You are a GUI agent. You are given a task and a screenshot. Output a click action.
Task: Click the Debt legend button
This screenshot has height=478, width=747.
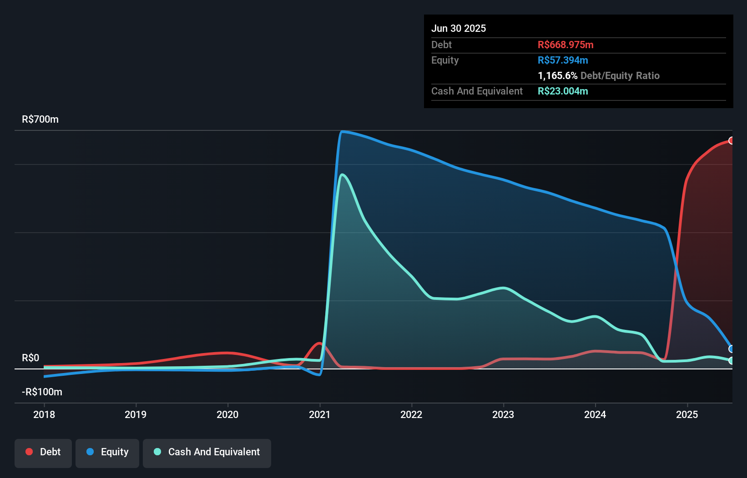pyautogui.click(x=43, y=452)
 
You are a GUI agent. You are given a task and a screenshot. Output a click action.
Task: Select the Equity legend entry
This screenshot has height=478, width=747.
pyautogui.click(x=107, y=452)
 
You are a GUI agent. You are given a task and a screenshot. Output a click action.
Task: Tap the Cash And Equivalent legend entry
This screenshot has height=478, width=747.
pyautogui.click(x=207, y=452)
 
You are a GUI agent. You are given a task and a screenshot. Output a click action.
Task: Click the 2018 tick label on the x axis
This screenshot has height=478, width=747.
pyautogui.click(x=44, y=414)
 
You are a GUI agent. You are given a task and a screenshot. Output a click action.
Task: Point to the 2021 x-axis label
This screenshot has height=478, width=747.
pyautogui.click(x=319, y=414)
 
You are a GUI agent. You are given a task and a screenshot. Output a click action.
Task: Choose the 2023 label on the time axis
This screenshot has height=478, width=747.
pyautogui.click(x=503, y=414)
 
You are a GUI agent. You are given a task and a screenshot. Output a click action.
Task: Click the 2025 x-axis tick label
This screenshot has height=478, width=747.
pyautogui.click(x=687, y=414)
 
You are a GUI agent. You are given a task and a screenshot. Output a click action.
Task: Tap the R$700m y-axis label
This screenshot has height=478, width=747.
pyautogui.click(x=40, y=119)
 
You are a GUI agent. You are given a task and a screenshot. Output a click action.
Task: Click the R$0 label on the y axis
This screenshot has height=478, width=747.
pyautogui.click(x=30, y=358)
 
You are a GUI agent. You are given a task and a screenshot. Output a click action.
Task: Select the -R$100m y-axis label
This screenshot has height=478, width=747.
pyautogui.click(x=42, y=392)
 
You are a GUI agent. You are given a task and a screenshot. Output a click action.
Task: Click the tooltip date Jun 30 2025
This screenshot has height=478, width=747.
pyautogui.click(x=459, y=29)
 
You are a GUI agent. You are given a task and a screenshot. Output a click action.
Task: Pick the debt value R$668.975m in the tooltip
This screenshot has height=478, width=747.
pyautogui.click(x=565, y=45)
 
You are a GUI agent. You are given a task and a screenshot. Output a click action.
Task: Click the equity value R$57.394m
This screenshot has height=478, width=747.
pyautogui.click(x=563, y=60)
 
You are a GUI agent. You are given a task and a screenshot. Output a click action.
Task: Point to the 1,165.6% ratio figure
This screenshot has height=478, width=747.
pyautogui.click(x=557, y=76)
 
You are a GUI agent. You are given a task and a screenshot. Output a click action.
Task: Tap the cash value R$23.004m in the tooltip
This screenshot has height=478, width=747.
pyautogui.click(x=563, y=91)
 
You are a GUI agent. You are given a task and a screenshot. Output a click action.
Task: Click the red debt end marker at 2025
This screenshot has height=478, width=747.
pyautogui.click(x=731, y=141)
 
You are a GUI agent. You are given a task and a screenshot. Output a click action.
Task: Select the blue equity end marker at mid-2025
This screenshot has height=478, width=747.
pyautogui.click(x=731, y=349)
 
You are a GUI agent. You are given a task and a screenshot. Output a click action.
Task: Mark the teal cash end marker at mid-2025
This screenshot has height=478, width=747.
pyautogui.click(x=731, y=361)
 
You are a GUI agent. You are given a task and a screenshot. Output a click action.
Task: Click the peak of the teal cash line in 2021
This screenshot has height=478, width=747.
pyautogui.click(x=342, y=174)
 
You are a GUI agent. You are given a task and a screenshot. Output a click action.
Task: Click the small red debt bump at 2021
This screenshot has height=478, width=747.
pyautogui.click(x=320, y=344)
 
